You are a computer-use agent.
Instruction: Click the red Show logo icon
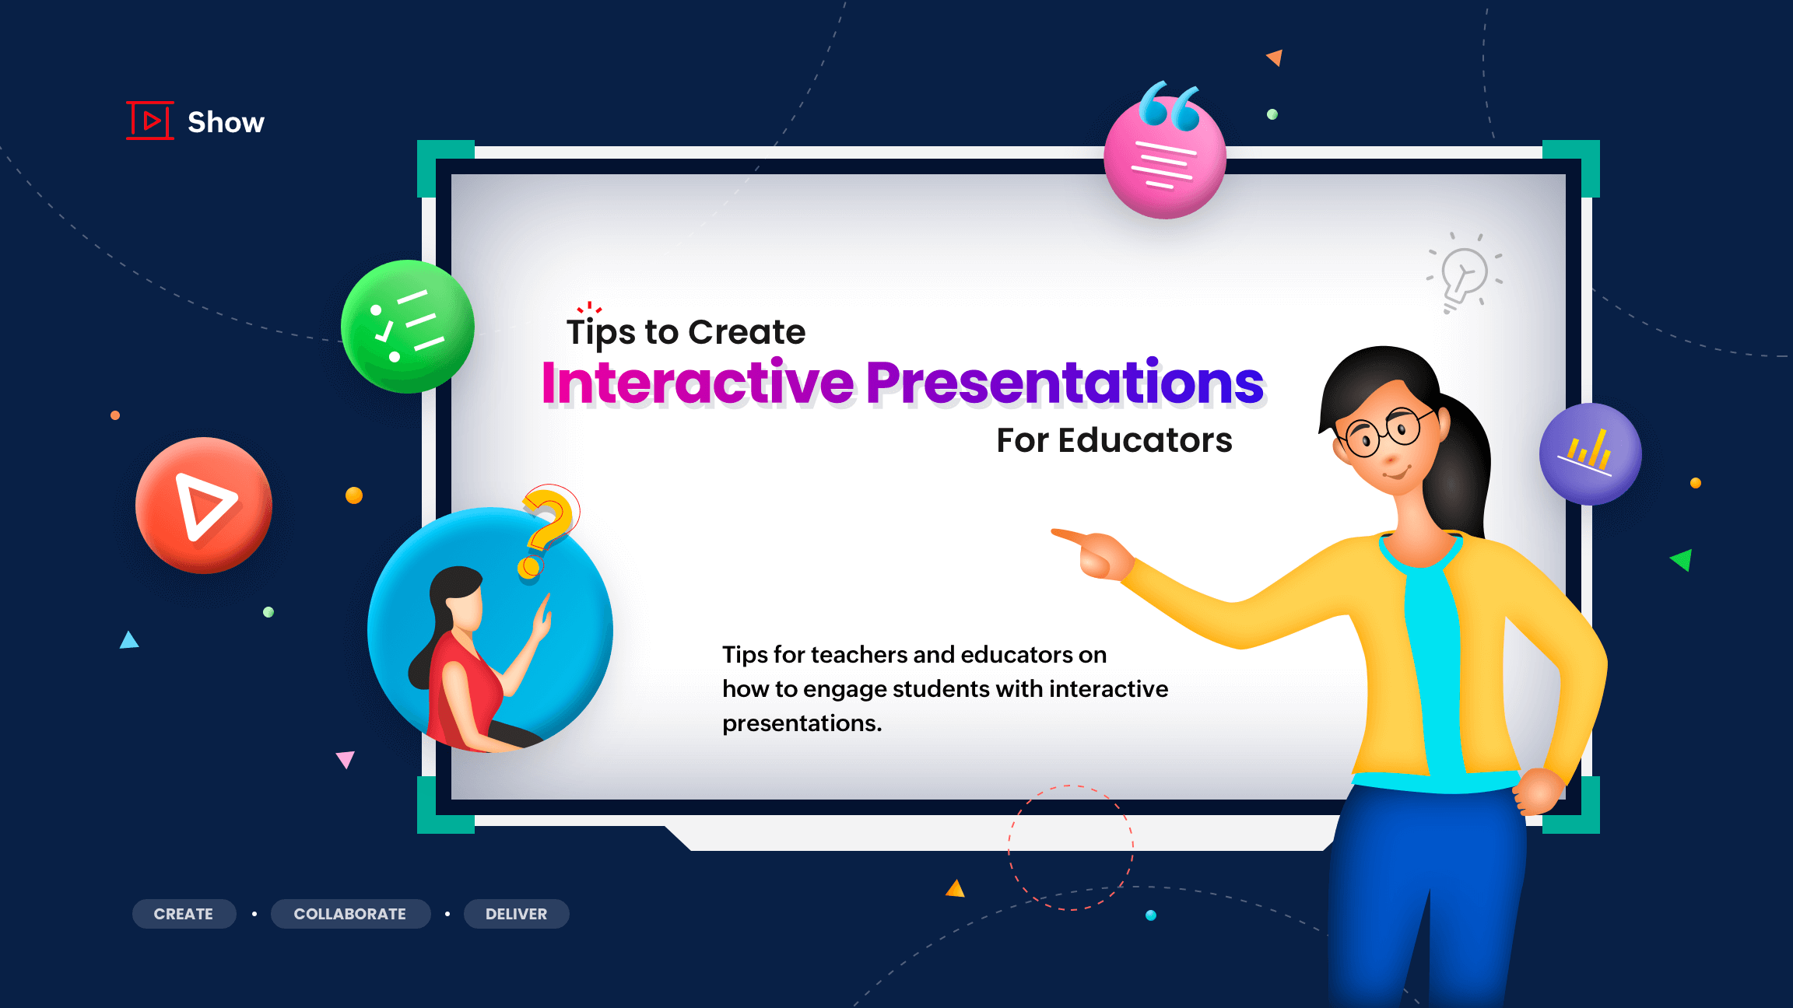coord(150,121)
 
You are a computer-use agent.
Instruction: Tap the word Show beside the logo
coord(226,122)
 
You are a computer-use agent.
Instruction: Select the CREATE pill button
coord(184,914)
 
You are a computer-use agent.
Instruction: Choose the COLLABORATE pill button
coord(350,914)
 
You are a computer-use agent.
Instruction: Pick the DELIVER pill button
coord(516,914)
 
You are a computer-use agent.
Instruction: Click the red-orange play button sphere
coord(204,506)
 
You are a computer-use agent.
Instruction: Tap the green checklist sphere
coord(408,327)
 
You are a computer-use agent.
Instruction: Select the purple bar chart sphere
coord(1591,454)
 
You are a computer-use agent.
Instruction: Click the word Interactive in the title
coord(698,383)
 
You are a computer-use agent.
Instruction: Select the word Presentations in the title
coord(1065,383)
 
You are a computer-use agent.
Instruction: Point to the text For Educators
coord(1114,440)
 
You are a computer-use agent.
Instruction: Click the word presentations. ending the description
coord(802,724)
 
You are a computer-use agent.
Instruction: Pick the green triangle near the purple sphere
coord(1682,559)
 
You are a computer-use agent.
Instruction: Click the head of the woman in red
coord(459,599)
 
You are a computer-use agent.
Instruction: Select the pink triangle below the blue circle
coord(346,758)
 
